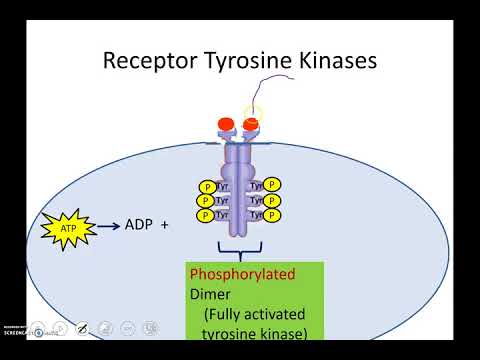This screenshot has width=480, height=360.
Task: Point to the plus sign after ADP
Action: [x=164, y=225]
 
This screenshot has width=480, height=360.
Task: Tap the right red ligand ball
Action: [x=253, y=126]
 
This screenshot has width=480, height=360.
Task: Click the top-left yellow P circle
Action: [x=207, y=186]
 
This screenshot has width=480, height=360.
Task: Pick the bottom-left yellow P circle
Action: [x=207, y=214]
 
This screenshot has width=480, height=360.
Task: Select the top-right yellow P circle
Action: [x=273, y=186]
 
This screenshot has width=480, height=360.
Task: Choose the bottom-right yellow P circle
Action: [x=273, y=214]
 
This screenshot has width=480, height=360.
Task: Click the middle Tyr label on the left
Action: [x=223, y=200]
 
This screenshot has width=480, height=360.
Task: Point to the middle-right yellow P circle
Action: [x=273, y=200]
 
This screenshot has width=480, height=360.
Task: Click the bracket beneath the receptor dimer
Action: [x=239, y=246]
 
